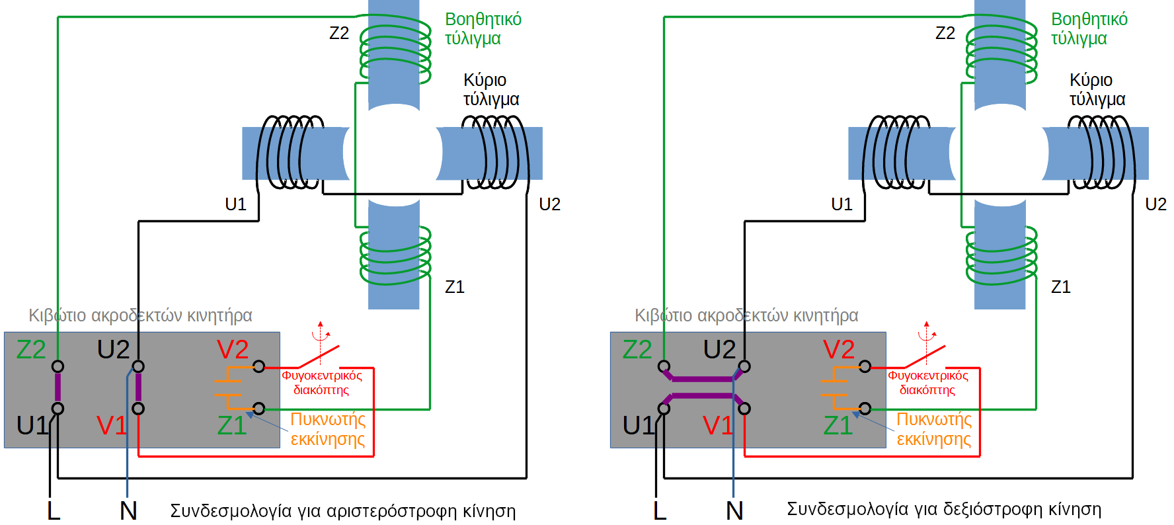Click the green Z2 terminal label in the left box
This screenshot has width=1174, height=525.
[30, 350]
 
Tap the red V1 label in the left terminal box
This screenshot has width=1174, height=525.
[111, 425]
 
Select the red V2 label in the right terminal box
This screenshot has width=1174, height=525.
[838, 350]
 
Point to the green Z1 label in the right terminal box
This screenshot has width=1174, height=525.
[838, 425]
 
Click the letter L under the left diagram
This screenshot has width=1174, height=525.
[54, 510]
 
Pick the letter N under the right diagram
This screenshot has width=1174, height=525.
[734, 510]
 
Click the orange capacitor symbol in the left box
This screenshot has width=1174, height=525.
[229, 388]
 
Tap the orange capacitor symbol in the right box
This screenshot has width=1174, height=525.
[834, 388]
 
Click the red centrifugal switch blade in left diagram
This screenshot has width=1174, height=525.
[319, 356]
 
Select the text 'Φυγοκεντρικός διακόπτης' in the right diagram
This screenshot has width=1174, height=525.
[927, 383]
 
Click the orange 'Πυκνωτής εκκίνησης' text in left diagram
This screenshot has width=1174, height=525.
[328, 429]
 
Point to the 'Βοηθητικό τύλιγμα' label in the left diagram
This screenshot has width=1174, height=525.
[483, 28]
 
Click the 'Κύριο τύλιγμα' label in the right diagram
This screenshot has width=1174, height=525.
[1097, 89]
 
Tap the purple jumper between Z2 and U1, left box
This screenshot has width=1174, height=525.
[58, 387]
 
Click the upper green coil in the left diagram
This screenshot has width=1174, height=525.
[395, 52]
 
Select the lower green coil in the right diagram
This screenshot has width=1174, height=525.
[1001, 255]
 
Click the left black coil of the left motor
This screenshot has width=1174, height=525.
[291, 152]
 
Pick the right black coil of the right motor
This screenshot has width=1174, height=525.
[1100, 152]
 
